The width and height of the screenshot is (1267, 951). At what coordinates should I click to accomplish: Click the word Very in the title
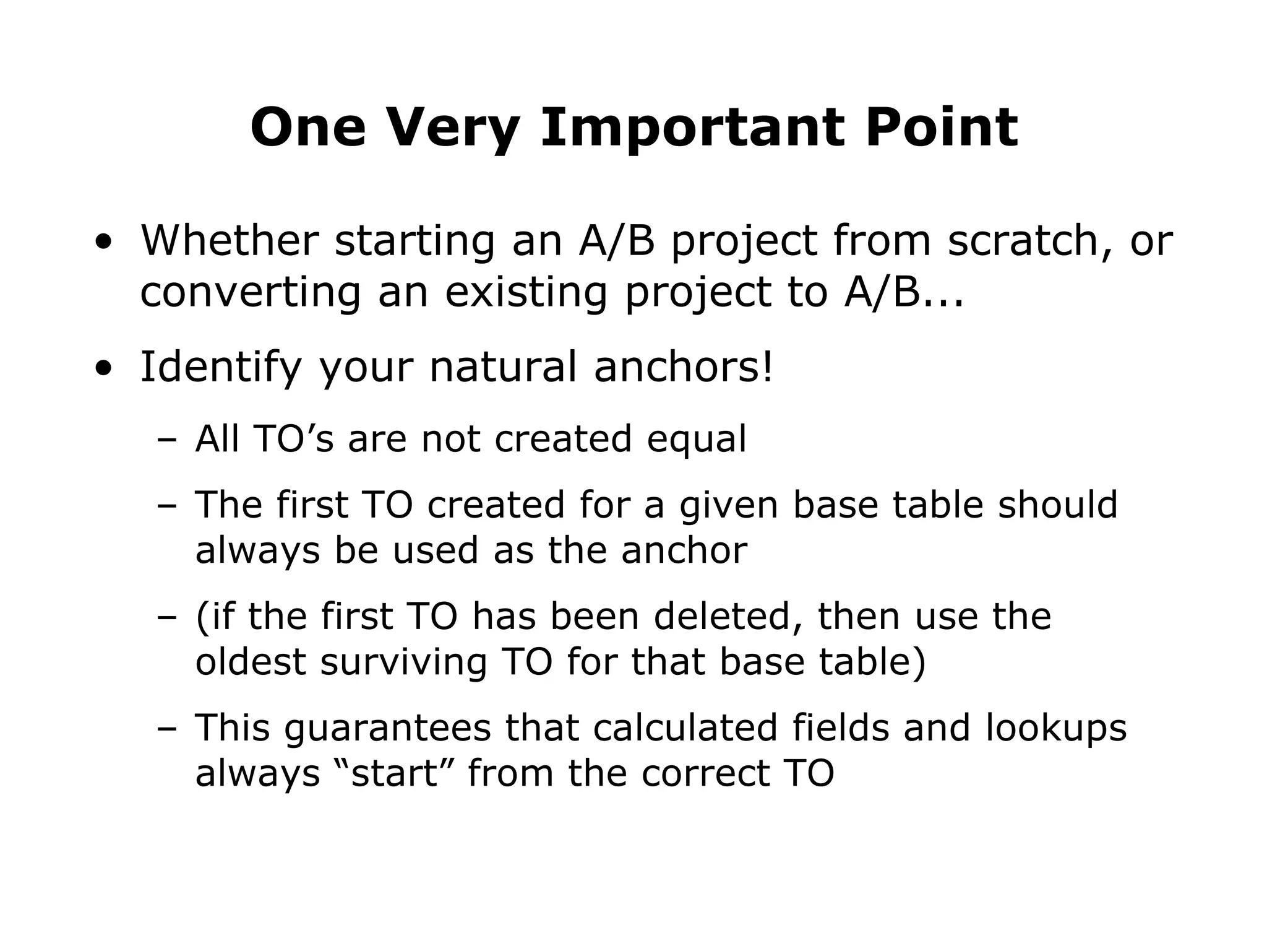tap(453, 128)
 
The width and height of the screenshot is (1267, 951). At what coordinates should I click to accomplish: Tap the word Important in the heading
tap(692, 128)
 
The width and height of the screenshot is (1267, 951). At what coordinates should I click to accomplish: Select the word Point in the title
tap(941, 128)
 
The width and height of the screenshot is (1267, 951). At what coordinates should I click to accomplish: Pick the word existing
tap(526, 292)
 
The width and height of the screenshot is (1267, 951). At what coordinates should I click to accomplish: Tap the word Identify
tap(221, 367)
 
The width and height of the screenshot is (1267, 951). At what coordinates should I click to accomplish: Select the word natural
tap(503, 367)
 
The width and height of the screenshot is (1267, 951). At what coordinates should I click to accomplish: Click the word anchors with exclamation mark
tap(683, 367)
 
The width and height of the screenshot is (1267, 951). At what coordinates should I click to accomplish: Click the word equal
tap(697, 439)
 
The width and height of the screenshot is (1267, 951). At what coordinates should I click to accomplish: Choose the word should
tap(1057, 504)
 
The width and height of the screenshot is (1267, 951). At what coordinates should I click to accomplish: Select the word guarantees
tap(387, 728)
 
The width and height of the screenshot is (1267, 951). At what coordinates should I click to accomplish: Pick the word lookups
tap(1055, 728)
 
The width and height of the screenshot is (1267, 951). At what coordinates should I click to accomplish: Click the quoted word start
tap(394, 774)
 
